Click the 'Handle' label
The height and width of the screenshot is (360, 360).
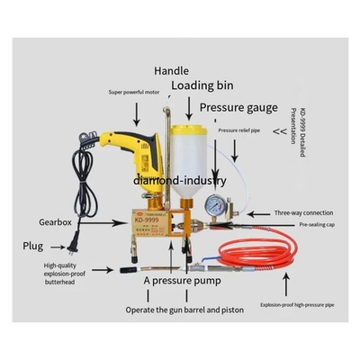[172, 69]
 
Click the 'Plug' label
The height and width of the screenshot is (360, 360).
[34, 245]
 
